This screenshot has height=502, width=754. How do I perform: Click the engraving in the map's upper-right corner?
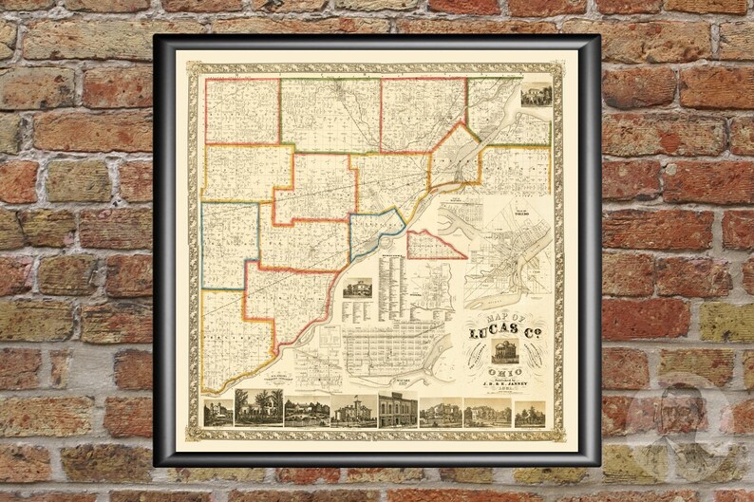(535, 95)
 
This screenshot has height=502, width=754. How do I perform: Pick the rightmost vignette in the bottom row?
(530, 413)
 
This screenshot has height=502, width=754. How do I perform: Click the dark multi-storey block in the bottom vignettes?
(397, 410)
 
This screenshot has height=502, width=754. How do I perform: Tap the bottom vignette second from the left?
(258, 407)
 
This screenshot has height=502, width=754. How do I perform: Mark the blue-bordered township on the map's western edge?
(230, 246)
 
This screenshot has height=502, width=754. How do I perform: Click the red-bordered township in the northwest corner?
(242, 111)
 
